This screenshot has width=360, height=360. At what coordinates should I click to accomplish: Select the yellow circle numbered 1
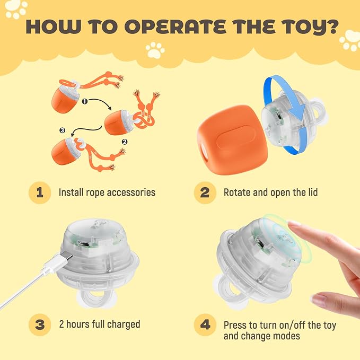tap(40, 192)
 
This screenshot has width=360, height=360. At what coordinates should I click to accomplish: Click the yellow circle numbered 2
tap(205, 192)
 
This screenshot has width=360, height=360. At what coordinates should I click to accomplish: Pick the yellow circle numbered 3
tap(40, 325)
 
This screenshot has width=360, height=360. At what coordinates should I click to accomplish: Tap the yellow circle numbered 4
tap(205, 325)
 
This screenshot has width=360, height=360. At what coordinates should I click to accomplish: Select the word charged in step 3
tap(124, 324)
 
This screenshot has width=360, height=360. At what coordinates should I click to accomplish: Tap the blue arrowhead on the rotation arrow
tap(298, 111)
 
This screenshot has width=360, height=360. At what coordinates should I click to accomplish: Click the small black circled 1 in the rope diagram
tap(85, 101)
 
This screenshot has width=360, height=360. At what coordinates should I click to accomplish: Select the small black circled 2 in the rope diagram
tap(125, 142)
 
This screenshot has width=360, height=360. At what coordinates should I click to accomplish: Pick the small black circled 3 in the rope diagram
tap(62, 130)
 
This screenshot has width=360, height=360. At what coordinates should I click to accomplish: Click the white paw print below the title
tap(155, 50)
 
